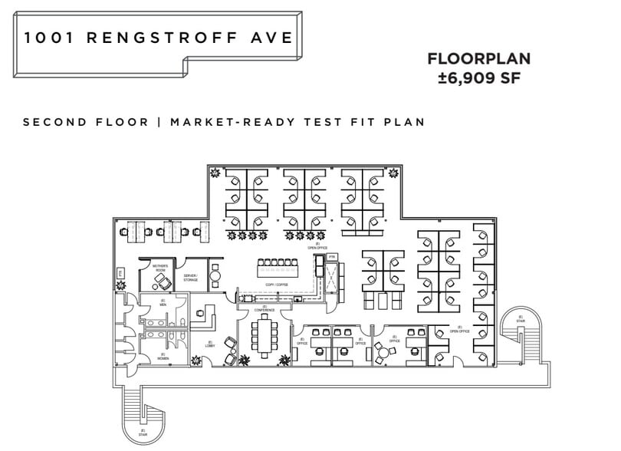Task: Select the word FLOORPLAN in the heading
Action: (478, 59)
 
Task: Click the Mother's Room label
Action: (160, 268)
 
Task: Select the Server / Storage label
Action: (191, 278)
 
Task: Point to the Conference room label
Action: (264, 309)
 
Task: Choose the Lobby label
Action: (209, 346)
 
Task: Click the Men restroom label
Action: (163, 304)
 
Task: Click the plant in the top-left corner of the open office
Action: (217, 173)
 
